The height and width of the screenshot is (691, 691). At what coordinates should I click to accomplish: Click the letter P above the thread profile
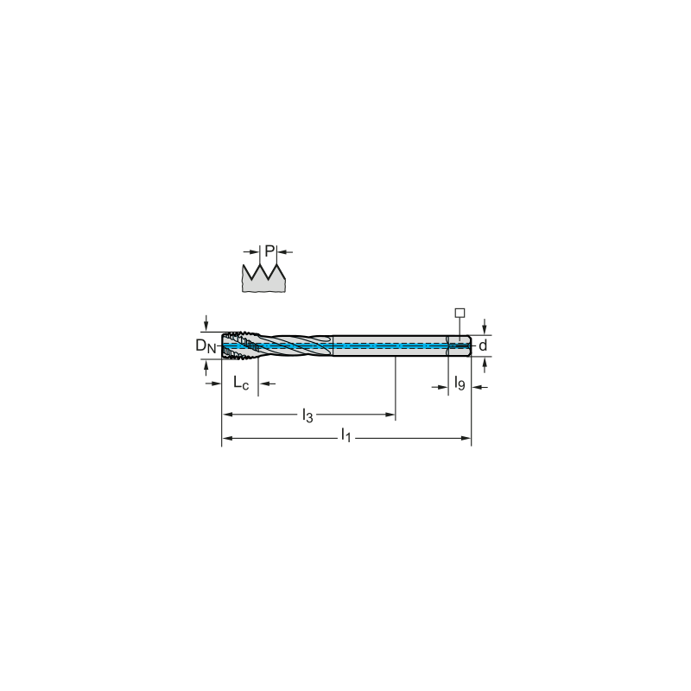(269, 251)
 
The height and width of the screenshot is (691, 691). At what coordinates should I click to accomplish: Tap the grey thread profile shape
(263, 280)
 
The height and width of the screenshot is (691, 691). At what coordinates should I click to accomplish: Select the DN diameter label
(205, 346)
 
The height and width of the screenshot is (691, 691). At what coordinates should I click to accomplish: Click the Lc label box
(240, 383)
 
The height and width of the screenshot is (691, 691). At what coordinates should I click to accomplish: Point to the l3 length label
(306, 415)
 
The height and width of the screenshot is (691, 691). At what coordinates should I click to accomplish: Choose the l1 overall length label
(345, 437)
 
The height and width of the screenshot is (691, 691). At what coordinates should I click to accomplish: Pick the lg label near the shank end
(460, 384)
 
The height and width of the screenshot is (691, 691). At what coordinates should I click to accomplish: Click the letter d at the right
(483, 346)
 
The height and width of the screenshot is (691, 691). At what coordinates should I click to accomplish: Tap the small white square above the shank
(460, 313)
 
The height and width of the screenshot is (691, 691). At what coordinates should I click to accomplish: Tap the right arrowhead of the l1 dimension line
(467, 438)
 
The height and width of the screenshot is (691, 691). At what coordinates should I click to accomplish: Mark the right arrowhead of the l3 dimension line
(391, 415)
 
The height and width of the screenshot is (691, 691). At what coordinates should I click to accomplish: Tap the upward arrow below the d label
(485, 364)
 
